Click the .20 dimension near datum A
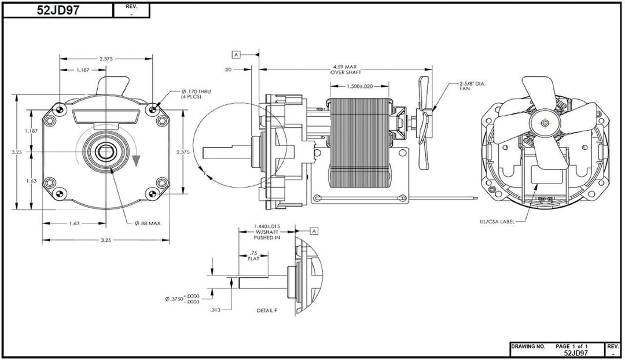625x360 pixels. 229,69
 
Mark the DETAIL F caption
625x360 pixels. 267,311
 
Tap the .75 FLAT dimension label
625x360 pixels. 252,256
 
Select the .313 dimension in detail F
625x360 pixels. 215,310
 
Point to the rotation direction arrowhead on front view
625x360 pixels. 136,160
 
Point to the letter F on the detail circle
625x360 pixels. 207,173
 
